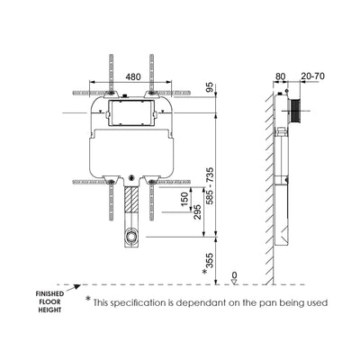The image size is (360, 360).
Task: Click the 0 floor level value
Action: click(234, 275)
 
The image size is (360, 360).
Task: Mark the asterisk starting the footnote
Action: click(88, 301)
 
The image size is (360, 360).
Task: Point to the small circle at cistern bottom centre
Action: click(133, 178)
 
